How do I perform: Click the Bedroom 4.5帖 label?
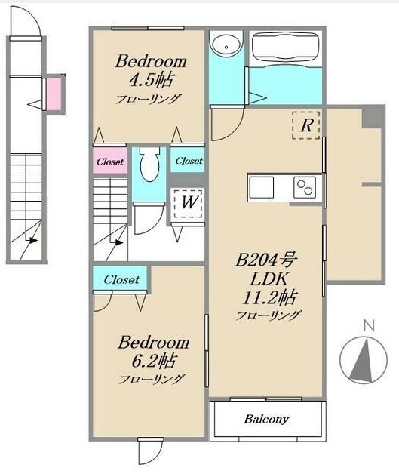[151, 71]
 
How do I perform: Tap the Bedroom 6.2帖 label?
[154, 352]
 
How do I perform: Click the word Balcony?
[266, 420]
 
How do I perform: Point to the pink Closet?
[110, 161]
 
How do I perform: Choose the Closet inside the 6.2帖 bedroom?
[121, 279]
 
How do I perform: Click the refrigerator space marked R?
[306, 125]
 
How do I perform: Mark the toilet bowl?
[149, 164]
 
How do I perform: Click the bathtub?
[284, 47]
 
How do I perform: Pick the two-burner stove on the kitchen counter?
[305, 187]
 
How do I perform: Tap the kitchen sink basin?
[261, 187]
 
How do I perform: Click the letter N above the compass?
[369, 325]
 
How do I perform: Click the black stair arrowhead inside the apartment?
[120, 242]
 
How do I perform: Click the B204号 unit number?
[266, 260]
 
